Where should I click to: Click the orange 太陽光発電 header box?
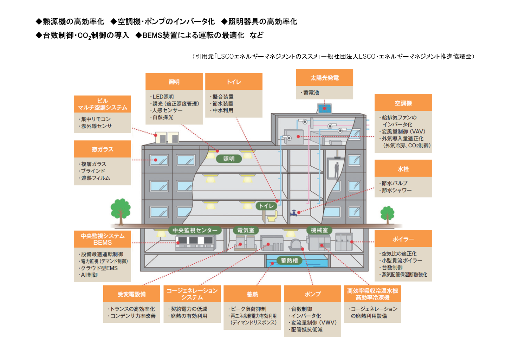pos(324,78)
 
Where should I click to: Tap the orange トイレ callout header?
pos(234,82)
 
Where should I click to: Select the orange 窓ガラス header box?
pos(103,149)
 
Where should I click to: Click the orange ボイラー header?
pos(403,239)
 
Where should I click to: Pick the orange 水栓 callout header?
pos(403,169)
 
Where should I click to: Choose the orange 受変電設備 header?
pos(131,294)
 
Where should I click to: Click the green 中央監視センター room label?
pos(195,230)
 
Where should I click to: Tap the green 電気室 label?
pos(246,230)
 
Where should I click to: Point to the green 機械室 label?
pos(319,230)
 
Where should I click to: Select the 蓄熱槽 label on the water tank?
pos(289,261)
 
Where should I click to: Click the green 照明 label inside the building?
pos(229,159)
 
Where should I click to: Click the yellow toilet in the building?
pos(272,216)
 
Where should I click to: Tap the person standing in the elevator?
pos(337,169)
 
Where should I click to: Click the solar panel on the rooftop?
pos(324,108)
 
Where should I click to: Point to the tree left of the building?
pos(121,210)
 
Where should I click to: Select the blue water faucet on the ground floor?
pos(294,213)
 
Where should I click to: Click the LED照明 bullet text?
pos(163,97)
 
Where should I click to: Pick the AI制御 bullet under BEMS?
pos(89,275)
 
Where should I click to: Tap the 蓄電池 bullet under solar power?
pos(311,93)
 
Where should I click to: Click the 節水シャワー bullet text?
pos(396,190)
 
